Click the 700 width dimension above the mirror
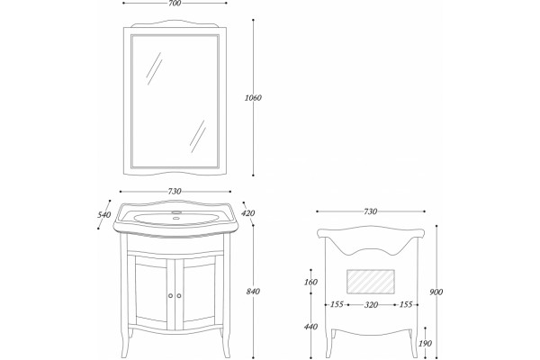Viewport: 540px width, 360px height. click(x=175, y=4)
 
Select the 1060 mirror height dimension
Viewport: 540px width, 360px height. click(x=253, y=98)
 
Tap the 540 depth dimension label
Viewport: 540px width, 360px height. click(x=104, y=215)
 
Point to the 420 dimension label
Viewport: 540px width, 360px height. click(x=248, y=213)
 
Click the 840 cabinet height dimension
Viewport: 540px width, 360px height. click(x=253, y=292)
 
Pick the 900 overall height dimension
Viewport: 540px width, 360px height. click(x=436, y=292)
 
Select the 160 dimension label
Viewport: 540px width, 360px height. click(x=310, y=282)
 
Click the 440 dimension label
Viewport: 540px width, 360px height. click(x=310, y=327)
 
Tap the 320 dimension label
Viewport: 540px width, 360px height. click(x=371, y=305)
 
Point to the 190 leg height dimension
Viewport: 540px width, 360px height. click(x=426, y=344)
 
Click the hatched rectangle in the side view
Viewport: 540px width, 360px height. click(x=371, y=282)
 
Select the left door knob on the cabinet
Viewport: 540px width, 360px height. click(x=170, y=295)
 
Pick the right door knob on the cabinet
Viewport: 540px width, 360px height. click(x=179, y=295)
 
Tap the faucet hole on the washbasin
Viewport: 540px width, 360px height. click(x=176, y=218)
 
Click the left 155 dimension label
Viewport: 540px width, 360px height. click(x=337, y=304)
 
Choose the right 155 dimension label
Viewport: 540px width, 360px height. click(x=406, y=304)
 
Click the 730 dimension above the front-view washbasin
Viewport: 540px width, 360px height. click(x=175, y=192)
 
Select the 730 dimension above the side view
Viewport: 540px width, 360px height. click(x=370, y=211)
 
